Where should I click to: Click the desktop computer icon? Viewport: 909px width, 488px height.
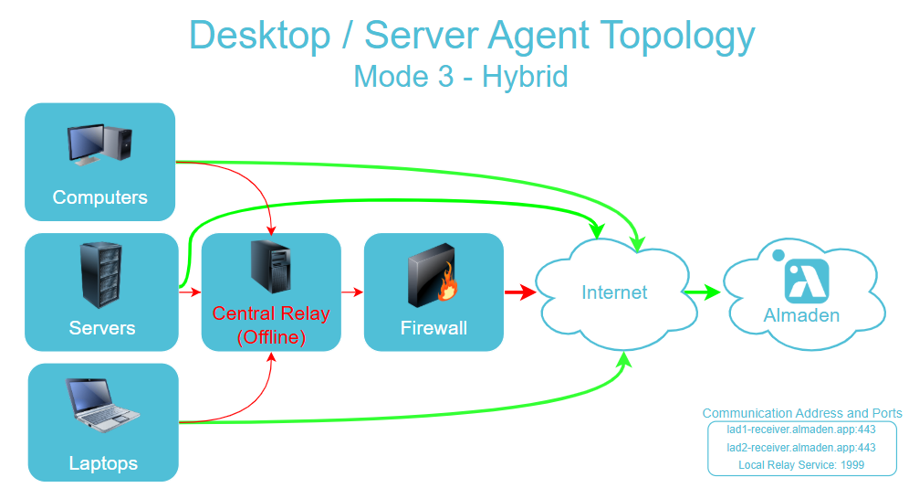pos(99,144)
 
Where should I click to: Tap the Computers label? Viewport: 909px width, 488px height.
pos(99,197)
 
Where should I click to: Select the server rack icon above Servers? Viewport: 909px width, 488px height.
pos(101,275)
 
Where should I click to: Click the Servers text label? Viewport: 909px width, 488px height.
pos(102,328)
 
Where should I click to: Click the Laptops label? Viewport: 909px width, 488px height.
pos(103,463)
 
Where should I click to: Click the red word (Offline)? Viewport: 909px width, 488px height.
pos(271,337)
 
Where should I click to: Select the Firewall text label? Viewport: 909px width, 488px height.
pos(434,328)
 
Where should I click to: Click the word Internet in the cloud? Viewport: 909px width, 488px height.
pos(614,293)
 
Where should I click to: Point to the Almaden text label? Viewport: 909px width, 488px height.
pos(801,316)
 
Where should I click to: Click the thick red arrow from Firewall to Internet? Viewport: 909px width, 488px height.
pos(519,293)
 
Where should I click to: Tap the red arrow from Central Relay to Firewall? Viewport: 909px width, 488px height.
pos(352,292)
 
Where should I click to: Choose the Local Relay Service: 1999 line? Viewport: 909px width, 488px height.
pos(801,465)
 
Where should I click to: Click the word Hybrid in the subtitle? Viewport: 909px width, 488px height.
pos(525,76)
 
